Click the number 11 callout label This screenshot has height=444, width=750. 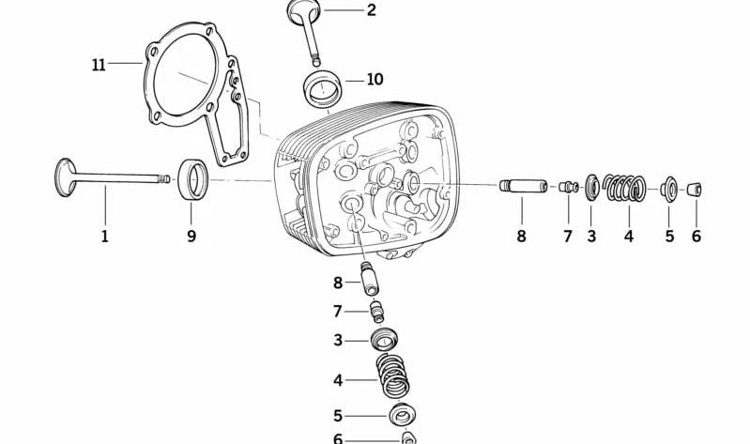(x=99, y=65)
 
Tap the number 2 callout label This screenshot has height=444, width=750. (x=371, y=11)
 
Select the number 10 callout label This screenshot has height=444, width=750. (x=375, y=80)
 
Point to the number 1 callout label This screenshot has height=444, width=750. (x=104, y=236)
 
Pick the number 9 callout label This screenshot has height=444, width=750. (x=191, y=236)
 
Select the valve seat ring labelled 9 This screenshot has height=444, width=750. (x=194, y=178)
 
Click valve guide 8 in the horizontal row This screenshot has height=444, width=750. (x=516, y=185)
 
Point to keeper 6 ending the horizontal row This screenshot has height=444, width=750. (x=696, y=190)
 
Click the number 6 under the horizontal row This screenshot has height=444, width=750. (x=696, y=236)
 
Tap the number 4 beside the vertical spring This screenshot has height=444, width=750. (x=338, y=381)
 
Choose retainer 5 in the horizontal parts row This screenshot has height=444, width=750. (x=670, y=189)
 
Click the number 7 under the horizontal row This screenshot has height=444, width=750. (x=567, y=236)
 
